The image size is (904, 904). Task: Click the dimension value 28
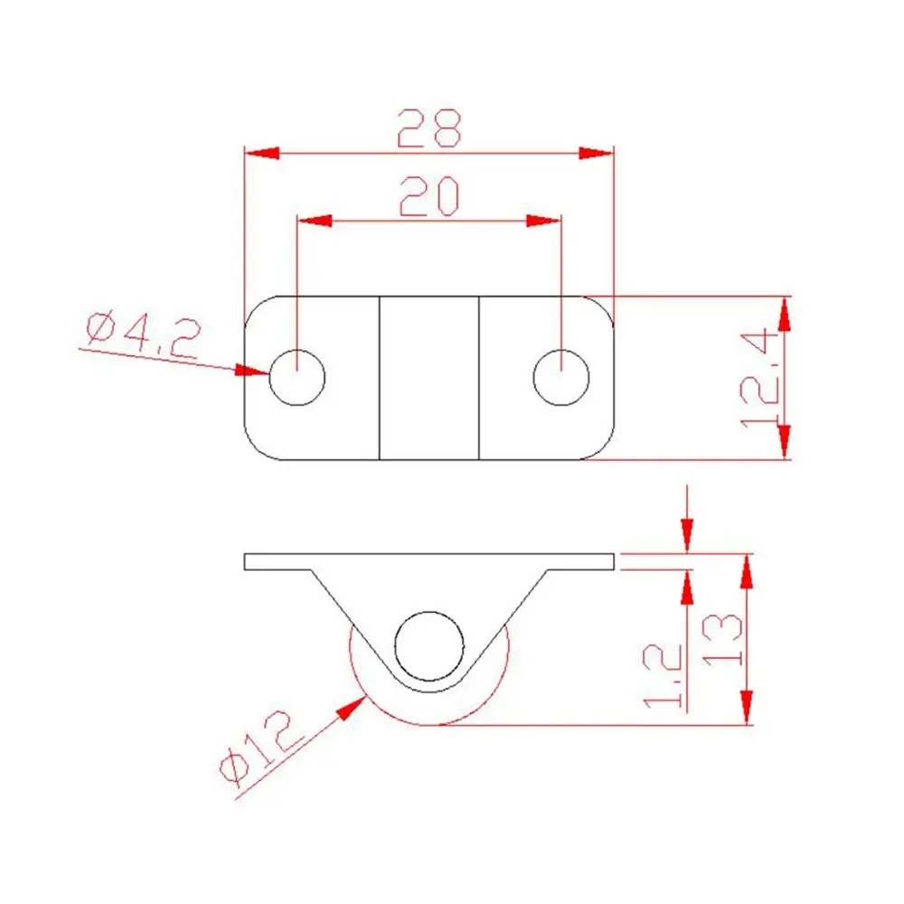[x=429, y=128]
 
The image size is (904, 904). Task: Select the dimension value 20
[x=429, y=196]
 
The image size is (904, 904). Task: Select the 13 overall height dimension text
[x=723, y=640]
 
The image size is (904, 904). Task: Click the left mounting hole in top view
[x=297, y=377]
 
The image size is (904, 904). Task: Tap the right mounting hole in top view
[x=561, y=377]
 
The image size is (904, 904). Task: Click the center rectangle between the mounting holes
[x=428, y=377]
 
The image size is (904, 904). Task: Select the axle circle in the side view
[x=428, y=647]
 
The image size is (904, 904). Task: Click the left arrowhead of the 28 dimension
[x=262, y=152]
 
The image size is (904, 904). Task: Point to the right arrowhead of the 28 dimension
[x=596, y=152]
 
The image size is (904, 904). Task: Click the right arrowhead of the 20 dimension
[x=543, y=221]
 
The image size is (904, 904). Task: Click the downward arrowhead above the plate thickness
[x=688, y=534]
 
